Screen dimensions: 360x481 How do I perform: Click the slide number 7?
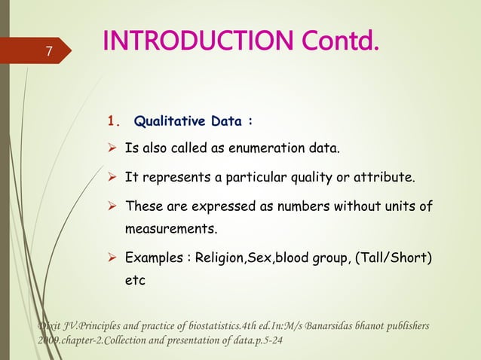click(x=48, y=52)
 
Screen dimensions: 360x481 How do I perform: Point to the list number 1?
click(x=114, y=121)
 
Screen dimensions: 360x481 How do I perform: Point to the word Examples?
click(x=153, y=259)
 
